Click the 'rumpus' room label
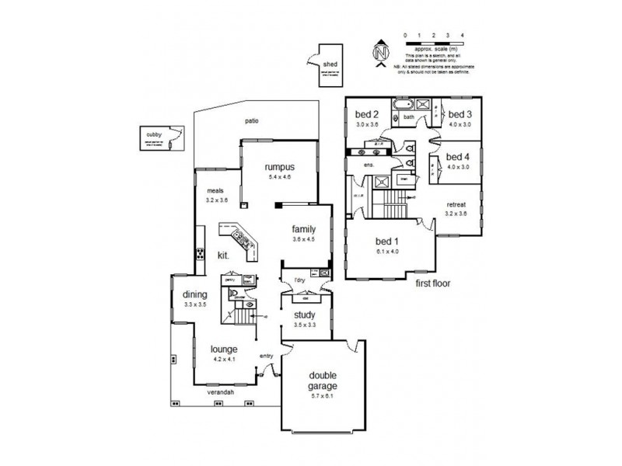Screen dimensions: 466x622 point(278,166)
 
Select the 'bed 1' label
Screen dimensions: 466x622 point(387,241)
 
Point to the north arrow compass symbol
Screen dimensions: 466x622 point(380,54)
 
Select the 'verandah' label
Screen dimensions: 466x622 point(222,393)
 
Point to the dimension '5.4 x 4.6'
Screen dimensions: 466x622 point(278,177)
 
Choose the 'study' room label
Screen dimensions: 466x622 point(303,315)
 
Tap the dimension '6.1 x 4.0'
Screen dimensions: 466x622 point(387,251)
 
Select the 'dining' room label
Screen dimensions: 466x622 point(194,294)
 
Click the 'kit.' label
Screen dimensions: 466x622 point(222,254)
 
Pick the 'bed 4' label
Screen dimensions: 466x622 point(459,156)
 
